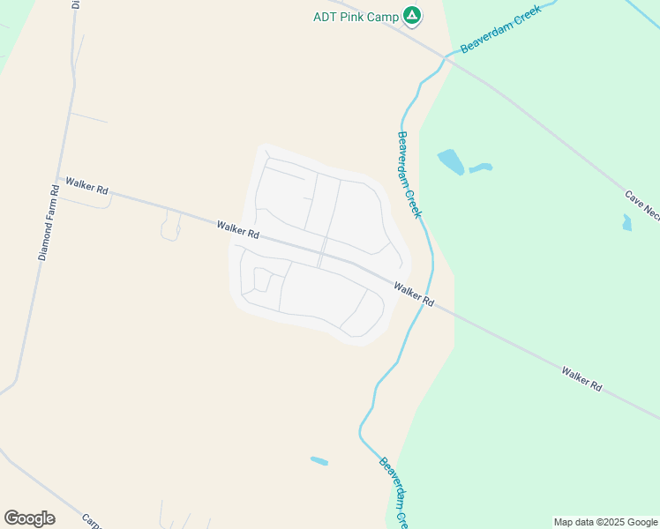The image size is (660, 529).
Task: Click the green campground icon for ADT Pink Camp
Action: [x=411, y=15]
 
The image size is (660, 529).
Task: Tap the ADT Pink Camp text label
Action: [x=357, y=17]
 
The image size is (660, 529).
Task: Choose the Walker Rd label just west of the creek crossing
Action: [x=414, y=294]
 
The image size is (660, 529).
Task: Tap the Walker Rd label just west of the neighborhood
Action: [x=237, y=230]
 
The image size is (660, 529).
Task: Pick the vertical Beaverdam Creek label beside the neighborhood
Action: [x=409, y=175]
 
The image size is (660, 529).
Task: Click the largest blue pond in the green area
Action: [x=451, y=161]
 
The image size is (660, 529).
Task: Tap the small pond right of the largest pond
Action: [x=481, y=168]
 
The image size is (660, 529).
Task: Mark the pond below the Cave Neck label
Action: [x=626, y=223]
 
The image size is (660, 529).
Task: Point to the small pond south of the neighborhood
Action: [x=319, y=461]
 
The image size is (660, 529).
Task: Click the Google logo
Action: [x=29, y=518]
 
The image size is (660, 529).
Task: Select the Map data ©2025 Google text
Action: [x=606, y=522]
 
